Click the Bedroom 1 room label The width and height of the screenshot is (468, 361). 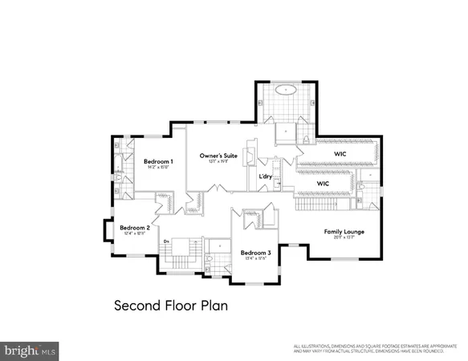(x=159, y=161)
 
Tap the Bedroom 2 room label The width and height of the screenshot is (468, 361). (x=135, y=227)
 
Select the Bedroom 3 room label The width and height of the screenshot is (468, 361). (x=255, y=253)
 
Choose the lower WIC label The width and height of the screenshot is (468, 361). (x=323, y=183)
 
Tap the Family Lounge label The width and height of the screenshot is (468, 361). (x=344, y=231)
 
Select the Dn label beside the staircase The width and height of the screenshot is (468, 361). (x=166, y=241)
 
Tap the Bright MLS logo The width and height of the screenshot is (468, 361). (x=31, y=351)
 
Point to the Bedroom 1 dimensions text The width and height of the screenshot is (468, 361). (x=159, y=168)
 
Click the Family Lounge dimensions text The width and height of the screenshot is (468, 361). (x=344, y=238)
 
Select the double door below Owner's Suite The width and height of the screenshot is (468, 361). (x=214, y=189)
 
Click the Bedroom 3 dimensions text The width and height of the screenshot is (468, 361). (x=255, y=259)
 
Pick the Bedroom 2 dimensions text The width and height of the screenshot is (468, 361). (x=135, y=233)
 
